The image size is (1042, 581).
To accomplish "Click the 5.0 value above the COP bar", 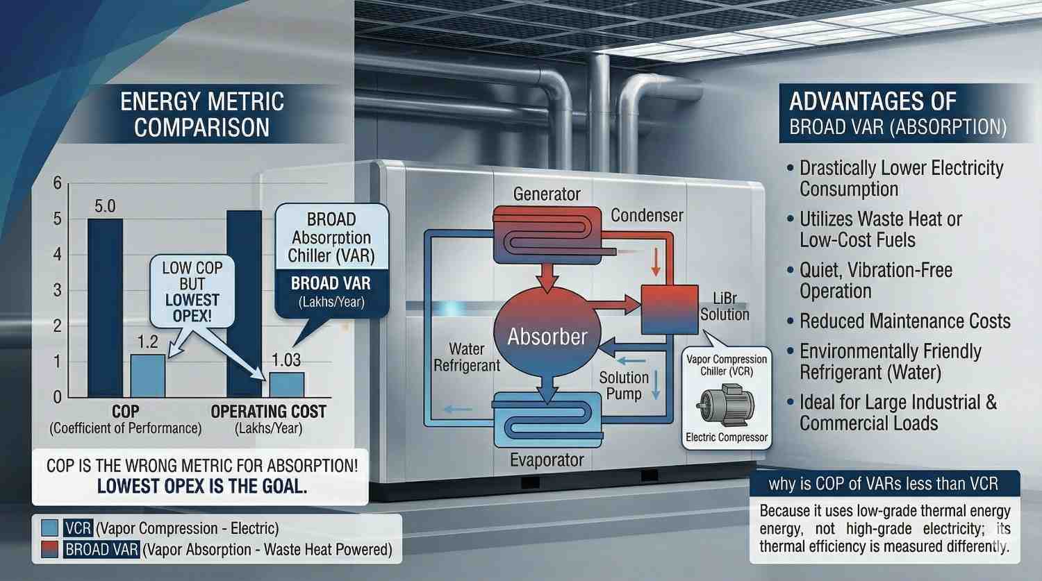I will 104,206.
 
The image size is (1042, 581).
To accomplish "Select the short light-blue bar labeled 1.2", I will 148,375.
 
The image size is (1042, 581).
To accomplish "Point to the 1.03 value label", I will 286,360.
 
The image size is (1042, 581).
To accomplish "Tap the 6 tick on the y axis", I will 58,183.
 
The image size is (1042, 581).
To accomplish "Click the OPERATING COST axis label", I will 268,412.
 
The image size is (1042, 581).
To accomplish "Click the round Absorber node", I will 547,336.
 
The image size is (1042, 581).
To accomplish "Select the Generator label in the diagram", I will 547,194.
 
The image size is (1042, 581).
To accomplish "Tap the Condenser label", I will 647,215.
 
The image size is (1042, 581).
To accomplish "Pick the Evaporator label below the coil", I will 547,460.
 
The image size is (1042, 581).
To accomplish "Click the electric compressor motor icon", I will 725,406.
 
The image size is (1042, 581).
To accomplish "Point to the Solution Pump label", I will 624,385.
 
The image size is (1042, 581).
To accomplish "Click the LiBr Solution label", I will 725,306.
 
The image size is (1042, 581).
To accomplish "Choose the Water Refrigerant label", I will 467,357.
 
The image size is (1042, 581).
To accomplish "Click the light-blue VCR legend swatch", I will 50,528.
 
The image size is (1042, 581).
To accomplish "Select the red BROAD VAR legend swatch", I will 50,550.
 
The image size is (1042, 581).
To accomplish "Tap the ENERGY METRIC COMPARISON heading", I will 202,115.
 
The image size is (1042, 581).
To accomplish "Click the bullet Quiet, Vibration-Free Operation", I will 875,280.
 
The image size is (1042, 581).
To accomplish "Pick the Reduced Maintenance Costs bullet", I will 904,321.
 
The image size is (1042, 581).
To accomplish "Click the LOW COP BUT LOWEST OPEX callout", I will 192,292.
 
